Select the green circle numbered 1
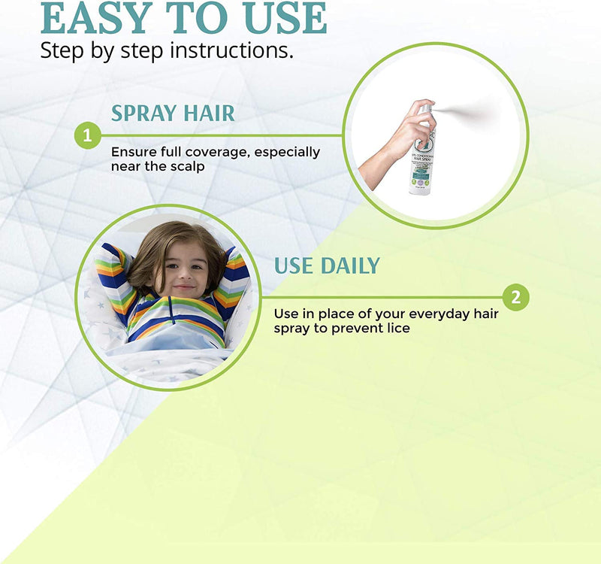tap(88, 136)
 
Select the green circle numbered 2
tap(515, 297)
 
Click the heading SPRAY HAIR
tap(173, 114)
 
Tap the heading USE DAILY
tap(327, 265)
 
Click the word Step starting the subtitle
tap(59, 50)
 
